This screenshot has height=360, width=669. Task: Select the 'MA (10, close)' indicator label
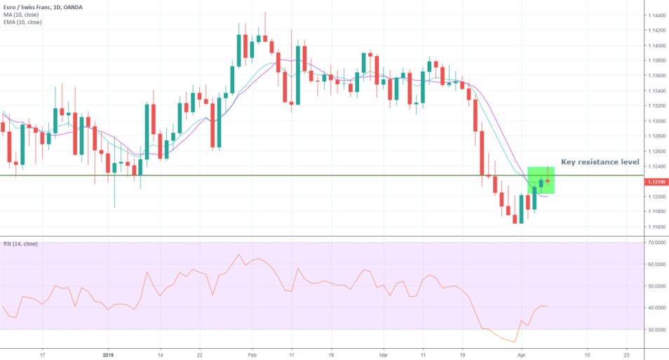20,14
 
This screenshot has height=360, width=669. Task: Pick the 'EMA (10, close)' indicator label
22,22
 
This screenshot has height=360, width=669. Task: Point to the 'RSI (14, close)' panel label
20,244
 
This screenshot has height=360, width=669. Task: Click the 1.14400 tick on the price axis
657,15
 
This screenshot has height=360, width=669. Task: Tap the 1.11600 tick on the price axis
657,227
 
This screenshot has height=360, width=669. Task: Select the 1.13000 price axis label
657,121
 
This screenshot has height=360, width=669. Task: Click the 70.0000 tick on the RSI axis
657,242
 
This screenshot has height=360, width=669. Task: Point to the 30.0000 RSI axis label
657,329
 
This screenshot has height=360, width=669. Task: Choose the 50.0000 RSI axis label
657,286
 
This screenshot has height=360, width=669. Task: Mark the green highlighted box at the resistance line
541,180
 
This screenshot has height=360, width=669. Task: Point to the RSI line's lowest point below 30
516,342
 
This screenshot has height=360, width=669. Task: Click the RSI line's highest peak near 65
238,255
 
